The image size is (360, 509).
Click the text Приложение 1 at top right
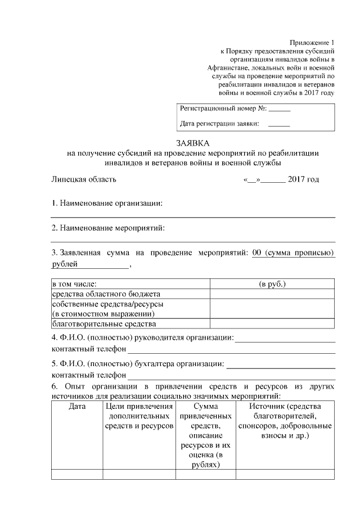click(312, 43)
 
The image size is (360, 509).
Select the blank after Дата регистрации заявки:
click(279, 124)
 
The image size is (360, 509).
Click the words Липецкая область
click(84, 179)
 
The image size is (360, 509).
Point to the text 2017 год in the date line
click(303, 179)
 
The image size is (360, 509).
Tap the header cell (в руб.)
click(272, 283)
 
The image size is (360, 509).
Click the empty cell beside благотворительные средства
click(272, 323)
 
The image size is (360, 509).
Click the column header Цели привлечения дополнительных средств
click(139, 416)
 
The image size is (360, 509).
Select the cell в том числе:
click(74, 283)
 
